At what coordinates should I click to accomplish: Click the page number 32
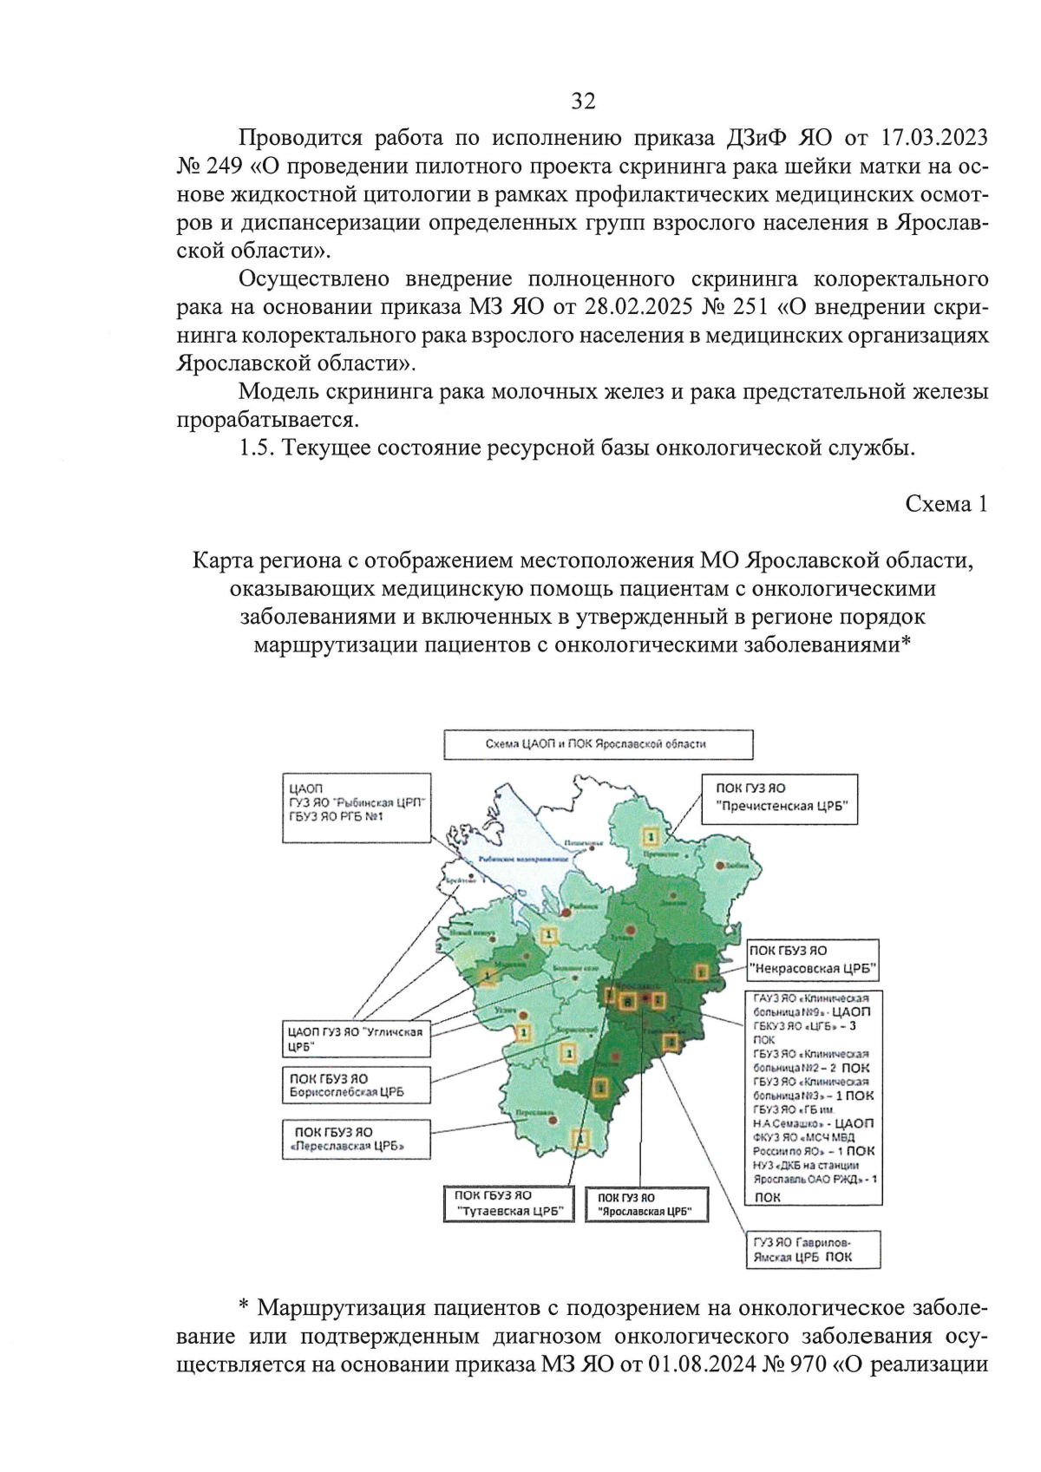(583, 101)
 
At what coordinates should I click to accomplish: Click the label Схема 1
(946, 504)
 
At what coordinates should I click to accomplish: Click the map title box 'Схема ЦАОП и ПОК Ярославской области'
(598, 744)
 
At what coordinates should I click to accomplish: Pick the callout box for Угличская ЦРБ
(357, 1038)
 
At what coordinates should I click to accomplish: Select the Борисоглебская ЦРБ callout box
(357, 1085)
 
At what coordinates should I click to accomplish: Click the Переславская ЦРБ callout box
(357, 1139)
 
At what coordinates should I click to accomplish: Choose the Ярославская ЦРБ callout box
(645, 1204)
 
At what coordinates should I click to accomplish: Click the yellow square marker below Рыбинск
(548, 935)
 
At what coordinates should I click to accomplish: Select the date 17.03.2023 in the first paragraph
(933, 138)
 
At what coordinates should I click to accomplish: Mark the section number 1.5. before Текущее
(257, 448)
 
